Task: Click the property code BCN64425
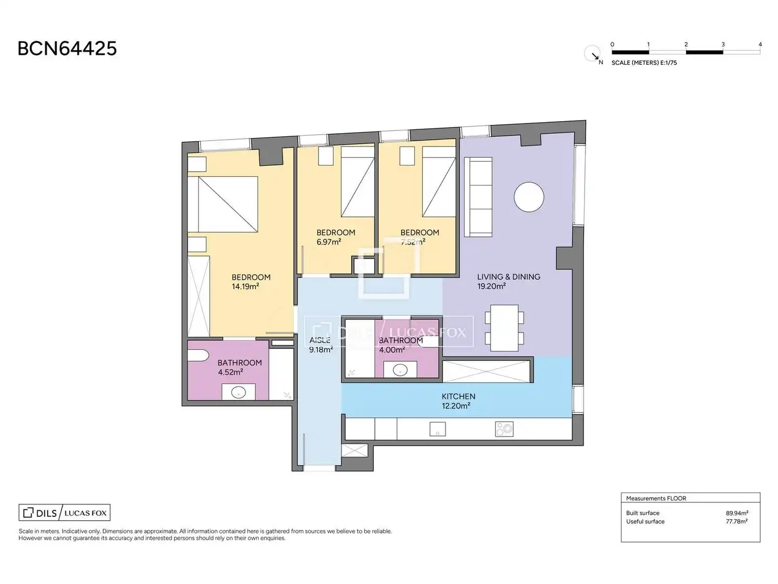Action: coord(67,49)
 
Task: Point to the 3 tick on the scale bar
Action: coord(723,44)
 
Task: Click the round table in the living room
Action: coord(528,197)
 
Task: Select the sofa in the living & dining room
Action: coord(478,197)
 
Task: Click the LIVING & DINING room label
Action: coord(508,276)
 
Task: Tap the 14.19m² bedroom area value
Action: coord(245,286)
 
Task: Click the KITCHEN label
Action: coord(458,396)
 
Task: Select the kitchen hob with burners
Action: coord(504,429)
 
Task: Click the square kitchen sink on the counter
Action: coord(438,429)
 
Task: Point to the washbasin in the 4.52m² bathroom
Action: coord(238,392)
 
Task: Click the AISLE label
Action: coord(320,340)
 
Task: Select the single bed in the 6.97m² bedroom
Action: coord(358,182)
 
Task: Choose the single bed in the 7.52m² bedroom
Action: coord(439,182)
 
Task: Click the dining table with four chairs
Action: coord(504,328)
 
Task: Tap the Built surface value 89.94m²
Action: coord(737,513)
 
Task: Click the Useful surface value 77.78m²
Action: coord(736,522)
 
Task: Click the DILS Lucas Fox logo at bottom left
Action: coord(64,513)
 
